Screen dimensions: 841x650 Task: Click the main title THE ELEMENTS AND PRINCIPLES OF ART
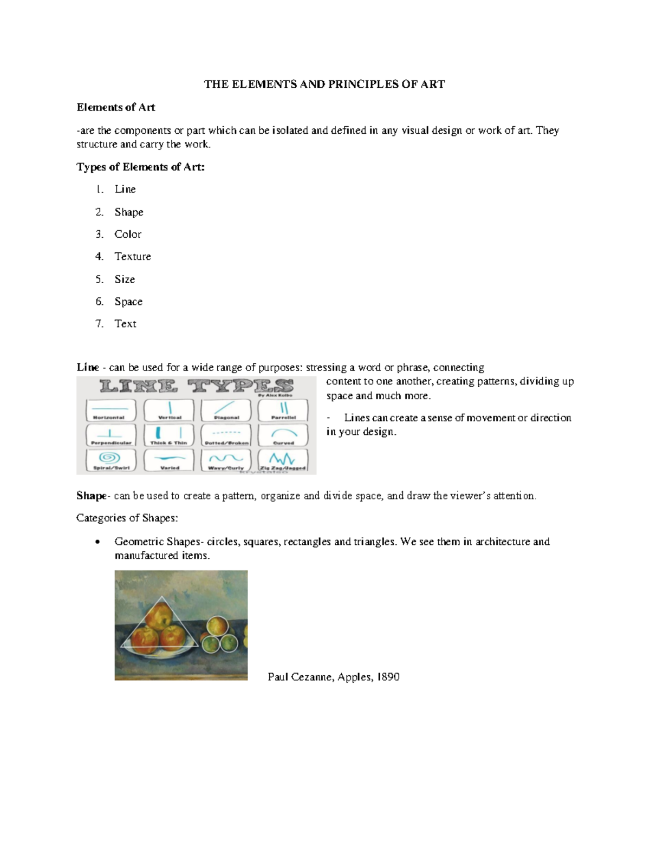click(324, 84)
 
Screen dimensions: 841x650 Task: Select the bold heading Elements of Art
click(116, 107)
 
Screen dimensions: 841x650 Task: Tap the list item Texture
click(133, 257)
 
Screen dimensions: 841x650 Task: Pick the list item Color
click(128, 234)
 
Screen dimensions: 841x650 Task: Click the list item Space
click(128, 302)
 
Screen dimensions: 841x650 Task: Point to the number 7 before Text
click(99, 324)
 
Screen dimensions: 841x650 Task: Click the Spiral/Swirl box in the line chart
click(111, 460)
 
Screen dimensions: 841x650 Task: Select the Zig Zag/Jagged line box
click(283, 460)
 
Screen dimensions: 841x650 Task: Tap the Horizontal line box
click(111, 410)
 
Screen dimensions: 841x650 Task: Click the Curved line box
click(283, 435)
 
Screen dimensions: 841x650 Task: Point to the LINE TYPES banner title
click(196, 387)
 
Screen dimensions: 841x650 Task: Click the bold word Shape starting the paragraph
click(92, 496)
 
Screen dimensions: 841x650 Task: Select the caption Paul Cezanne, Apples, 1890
click(334, 677)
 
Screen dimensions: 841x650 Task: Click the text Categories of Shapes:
click(127, 518)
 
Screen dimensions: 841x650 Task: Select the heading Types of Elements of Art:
click(141, 167)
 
